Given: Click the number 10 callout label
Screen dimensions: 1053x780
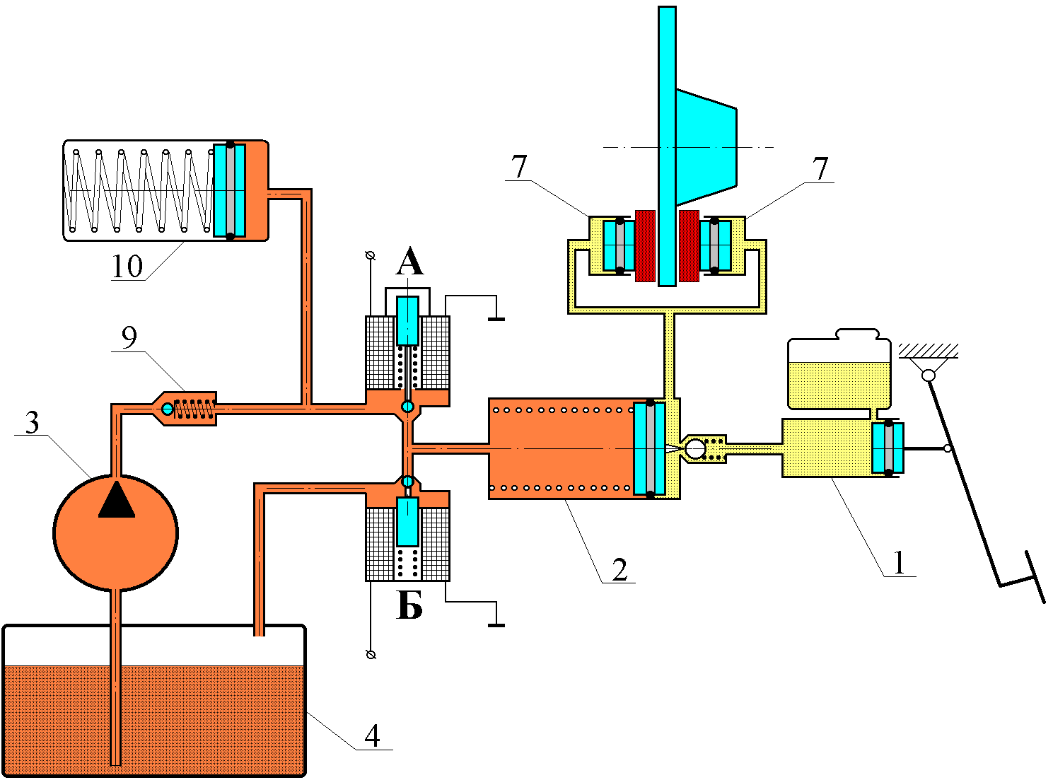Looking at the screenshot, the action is [x=127, y=266].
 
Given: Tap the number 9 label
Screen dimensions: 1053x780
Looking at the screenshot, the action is [x=129, y=337].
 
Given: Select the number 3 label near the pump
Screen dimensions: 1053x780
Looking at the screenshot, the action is [x=32, y=422].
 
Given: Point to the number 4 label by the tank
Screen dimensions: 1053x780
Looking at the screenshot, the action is [x=372, y=736].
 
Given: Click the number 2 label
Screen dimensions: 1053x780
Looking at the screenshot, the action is [x=619, y=569].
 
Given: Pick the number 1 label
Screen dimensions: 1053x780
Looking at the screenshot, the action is [x=899, y=563].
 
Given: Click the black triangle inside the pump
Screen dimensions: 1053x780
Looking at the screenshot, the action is [x=116, y=499].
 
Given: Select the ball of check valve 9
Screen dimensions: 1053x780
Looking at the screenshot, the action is [x=168, y=409].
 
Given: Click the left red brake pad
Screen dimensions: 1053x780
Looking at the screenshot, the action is [x=645, y=246].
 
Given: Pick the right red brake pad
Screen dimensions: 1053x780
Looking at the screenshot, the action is [x=689, y=246].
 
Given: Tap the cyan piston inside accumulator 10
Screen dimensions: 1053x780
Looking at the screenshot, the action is [x=230, y=190].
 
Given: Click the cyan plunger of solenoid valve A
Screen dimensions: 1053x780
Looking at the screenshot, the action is [x=407, y=321].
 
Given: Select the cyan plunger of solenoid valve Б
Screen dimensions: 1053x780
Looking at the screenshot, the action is [x=407, y=521].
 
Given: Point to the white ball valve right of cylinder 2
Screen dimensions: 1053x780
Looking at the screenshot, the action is [x=695, y=448].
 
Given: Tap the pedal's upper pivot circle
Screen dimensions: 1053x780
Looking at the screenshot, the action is [x=928, y=376].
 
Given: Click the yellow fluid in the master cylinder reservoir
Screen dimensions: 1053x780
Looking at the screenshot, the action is [x=839, y=385].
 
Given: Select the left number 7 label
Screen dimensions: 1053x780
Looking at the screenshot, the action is [x=519, y=166].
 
